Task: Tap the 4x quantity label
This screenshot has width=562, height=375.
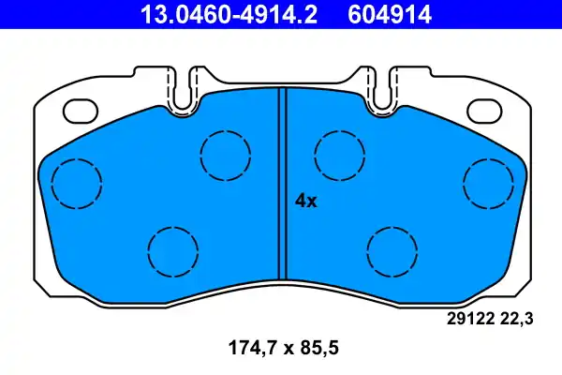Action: (x=306, y=200)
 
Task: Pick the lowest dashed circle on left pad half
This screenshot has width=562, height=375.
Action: (x=173, y=250)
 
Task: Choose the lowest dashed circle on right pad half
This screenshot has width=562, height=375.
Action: (x=392, y=250)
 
